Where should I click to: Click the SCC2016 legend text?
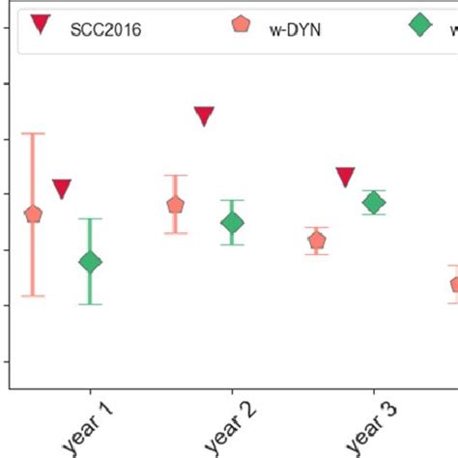(x=105, y=28)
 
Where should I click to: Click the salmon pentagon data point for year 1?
(x=33, y=215)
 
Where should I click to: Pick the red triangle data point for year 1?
(x=62, y=188)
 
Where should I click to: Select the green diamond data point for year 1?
(x=90, y=262)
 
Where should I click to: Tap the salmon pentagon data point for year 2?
(x=175, y=205)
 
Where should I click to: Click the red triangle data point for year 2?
(x=204, y=116)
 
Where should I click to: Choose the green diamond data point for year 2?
(x=232, y=223)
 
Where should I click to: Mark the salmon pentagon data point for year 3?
(x=316, y=241)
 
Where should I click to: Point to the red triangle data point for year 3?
(x=345, y=176)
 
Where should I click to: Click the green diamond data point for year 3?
(x=373, y=202)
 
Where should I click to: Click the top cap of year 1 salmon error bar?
(x=33, y=133)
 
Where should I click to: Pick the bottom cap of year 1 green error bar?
(x=90, y=304)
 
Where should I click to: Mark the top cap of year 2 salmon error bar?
(x=175, y=176)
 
